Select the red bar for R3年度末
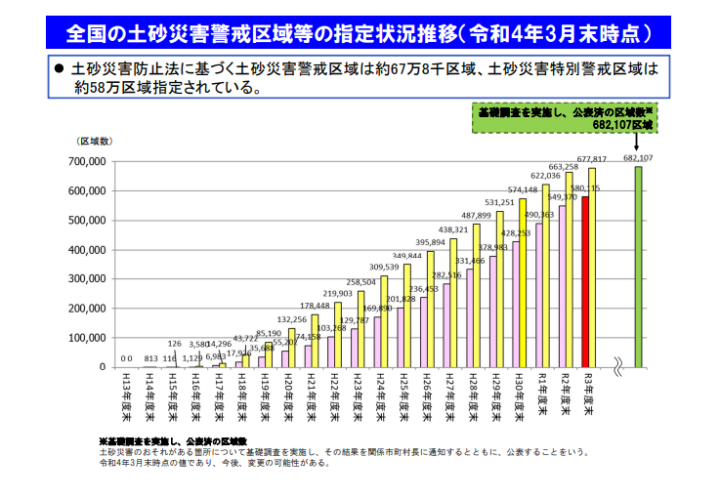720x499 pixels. (585, 282)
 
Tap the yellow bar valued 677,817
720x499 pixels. (592, 268)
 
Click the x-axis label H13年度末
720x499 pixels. (126, 395)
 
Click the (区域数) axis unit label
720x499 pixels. (96, 143)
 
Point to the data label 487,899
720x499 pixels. (476, 216)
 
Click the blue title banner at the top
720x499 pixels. (359, 33)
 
